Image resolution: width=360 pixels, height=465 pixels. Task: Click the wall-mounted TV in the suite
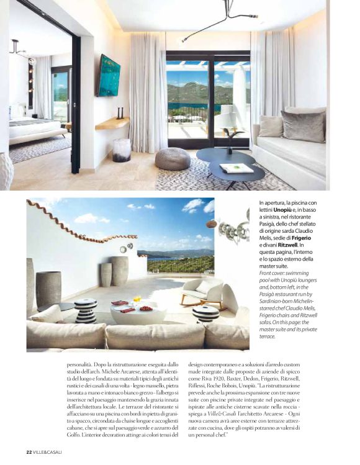109,75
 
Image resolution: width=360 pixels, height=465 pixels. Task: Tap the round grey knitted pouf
172,158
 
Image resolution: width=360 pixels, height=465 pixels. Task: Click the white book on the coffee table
236,168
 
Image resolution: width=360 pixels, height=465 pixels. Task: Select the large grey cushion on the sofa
302,126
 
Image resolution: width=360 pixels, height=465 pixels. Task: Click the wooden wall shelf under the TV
112,123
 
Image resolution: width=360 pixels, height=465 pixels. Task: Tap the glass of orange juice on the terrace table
136,301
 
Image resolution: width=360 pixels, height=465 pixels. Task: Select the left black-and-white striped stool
86,310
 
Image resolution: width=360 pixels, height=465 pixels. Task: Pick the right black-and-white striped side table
206,312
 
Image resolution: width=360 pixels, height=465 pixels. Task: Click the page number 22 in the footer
29,451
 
